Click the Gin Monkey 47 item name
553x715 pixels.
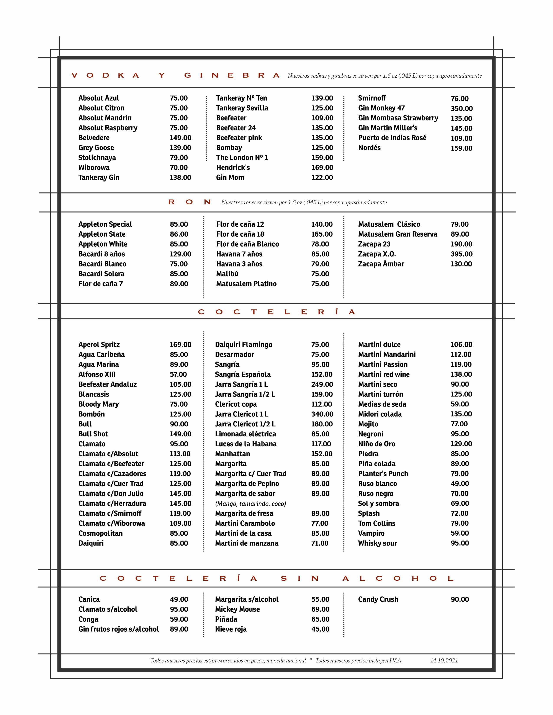click(381, 108)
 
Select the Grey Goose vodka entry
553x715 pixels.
click(96, 148)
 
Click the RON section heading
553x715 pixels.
click(189, 202)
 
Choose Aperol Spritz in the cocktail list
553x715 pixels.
click(99, 344)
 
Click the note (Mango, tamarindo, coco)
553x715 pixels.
click(250, 504)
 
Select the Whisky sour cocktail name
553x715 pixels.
click(377, 543)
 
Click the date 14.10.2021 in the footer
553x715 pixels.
click(444, 660)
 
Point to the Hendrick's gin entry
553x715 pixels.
click(233, 168)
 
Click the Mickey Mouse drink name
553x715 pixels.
click(237, 609)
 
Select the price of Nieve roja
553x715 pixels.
click(320, 629)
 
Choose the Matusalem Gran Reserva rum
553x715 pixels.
click(397, 234)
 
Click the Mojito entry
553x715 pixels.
click(368, 424)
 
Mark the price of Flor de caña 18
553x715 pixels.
click(322, 234)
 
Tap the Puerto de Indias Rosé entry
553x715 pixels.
click(392, 138)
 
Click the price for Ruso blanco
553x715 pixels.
click(460, 484)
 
